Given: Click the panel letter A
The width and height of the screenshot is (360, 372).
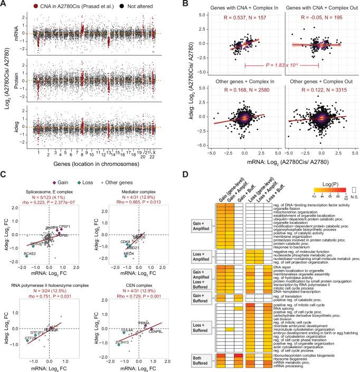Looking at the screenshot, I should (4, 4).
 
